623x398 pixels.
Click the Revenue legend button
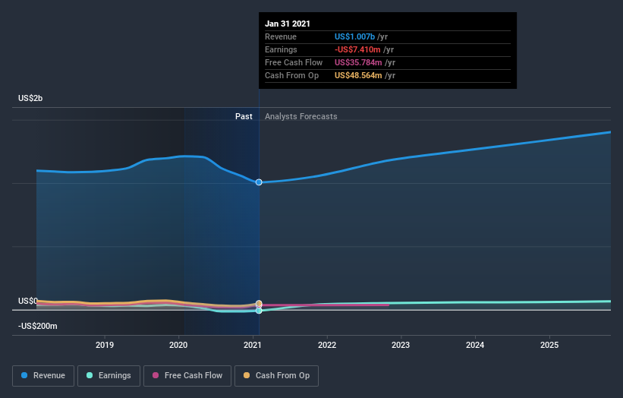(x=44, y=375)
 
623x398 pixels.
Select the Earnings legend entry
(x=109, y=375)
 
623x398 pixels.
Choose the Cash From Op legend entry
(x=277, y=375)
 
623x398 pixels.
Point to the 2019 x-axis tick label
(x=105, y=345)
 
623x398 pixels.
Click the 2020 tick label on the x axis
(x=178, y=345)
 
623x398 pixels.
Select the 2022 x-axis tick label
(x=327, y=345)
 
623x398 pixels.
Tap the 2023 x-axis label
(x=401, y=345)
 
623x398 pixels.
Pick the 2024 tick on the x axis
(x=475, y=345)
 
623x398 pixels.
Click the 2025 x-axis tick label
(x=549, y=345)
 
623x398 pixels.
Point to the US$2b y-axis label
(x=31, y=99)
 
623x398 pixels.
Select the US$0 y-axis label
(x=28, y=302)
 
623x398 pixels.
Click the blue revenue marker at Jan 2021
(x=259, y=182)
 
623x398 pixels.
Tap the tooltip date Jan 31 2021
(x=288, y=24)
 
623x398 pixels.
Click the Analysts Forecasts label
(x=300, y=116)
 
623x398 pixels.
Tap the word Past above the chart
(x=244, y=116)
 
